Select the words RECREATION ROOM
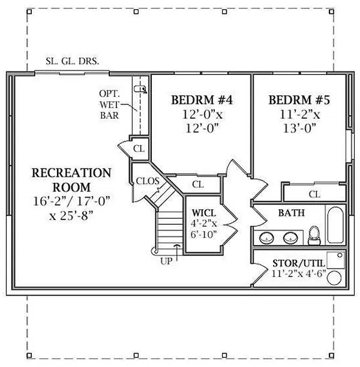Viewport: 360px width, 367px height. (71, 179)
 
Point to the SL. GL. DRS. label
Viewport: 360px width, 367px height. (73, 61)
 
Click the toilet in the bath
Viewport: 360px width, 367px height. (314, 236)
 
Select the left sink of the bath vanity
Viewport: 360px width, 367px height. (266, 239)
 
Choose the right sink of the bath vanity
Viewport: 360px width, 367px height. (289, 239)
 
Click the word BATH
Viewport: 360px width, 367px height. (291, 213)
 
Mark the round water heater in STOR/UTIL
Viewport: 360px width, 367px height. (337, 278)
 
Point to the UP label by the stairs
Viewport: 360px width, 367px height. (166, 261)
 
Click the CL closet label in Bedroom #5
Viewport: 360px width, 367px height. (314, 194)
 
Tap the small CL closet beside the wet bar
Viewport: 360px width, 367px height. (139, 148)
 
